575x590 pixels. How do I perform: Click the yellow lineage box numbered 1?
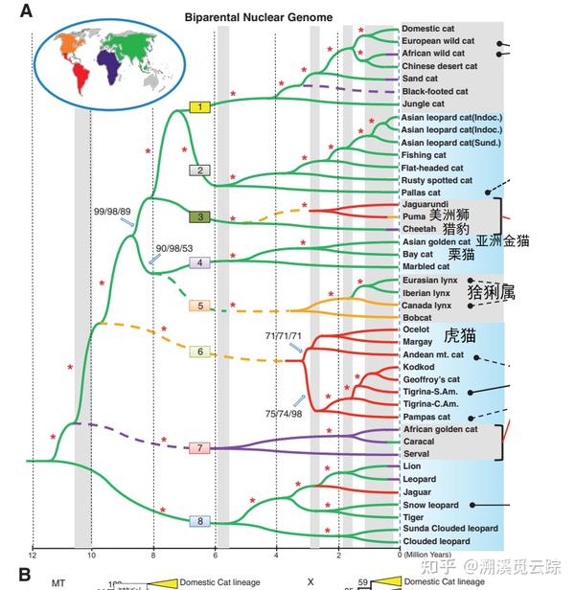[199, 106]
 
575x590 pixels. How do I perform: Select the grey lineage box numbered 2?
[198, 170]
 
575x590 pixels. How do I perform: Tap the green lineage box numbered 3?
[199, 217]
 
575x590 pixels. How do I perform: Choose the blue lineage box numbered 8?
[199, 521]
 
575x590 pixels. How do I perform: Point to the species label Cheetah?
[420, 230]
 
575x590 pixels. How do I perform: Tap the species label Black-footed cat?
[435, 91]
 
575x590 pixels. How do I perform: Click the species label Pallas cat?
[422, 193]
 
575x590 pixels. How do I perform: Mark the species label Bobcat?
[417, 315]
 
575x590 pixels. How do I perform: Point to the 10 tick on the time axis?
[92, 556]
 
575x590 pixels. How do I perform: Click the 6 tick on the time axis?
[215, 556]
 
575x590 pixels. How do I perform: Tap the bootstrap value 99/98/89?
[112, 210]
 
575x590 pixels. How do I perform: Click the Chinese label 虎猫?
[459, 336]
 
